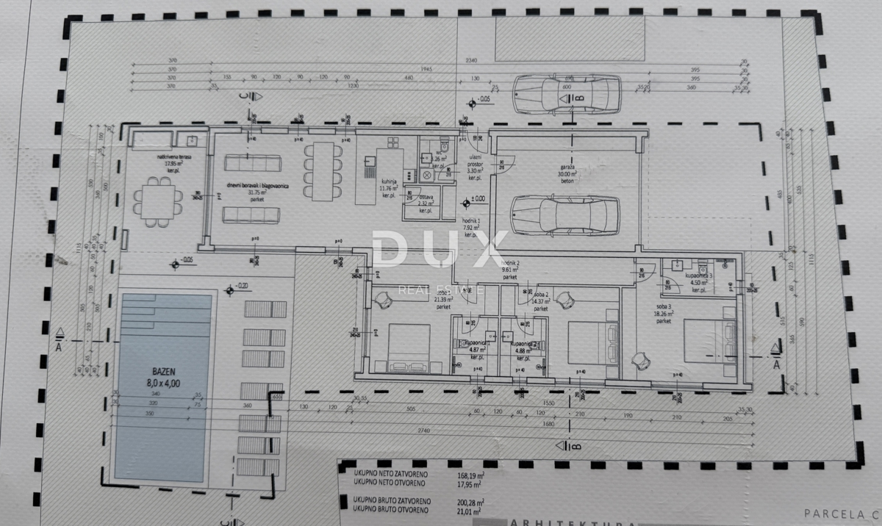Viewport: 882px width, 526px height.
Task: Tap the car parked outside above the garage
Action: click(566, 96)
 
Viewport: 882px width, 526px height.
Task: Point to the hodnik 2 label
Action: click(510, 262)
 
